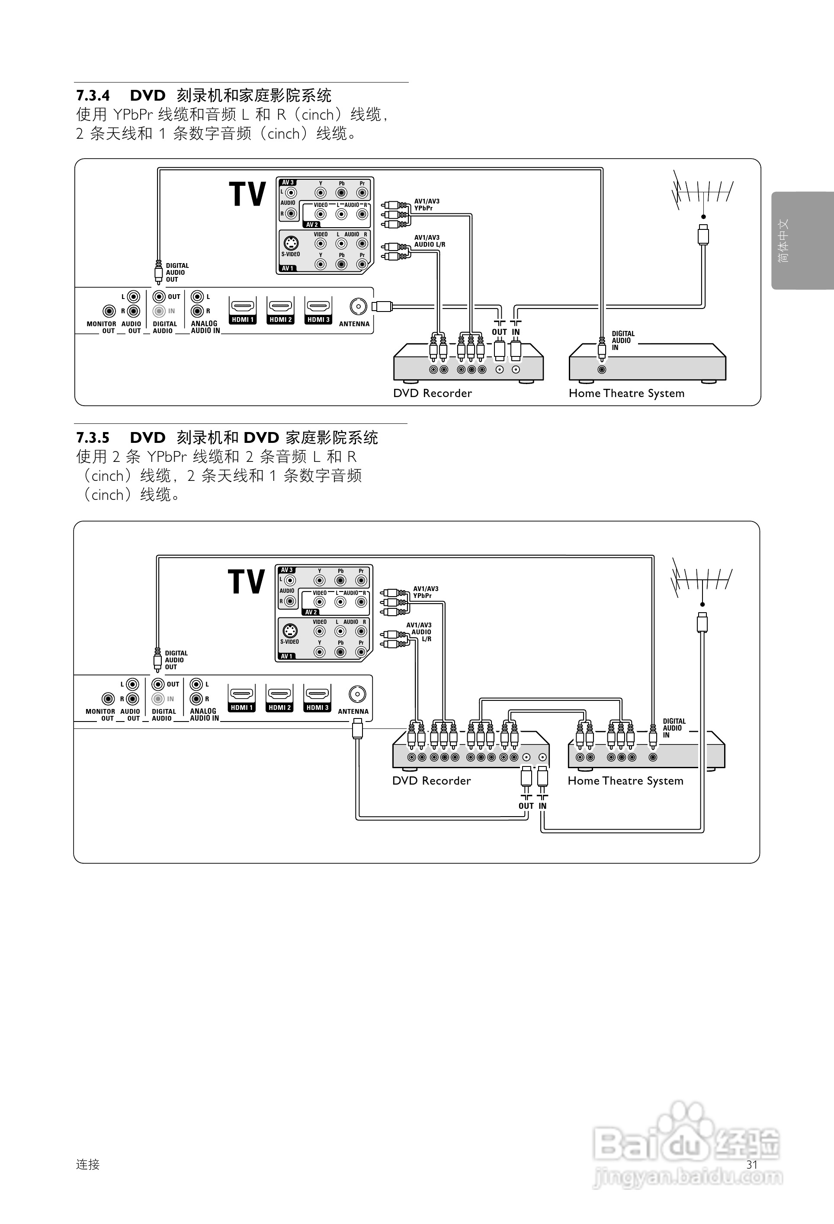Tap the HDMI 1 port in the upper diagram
pyautogui.click(x=243, y=307)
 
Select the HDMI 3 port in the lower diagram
pyautogui.click(x=318, y=695)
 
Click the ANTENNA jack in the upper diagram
pyautogui.click(x=359, y=306)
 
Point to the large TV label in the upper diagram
pyautogui.click(x=247, y=194)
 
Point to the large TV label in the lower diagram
pyautogui.click(x=246, y=582)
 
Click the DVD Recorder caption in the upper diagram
pyautogui.click(x=432, y=394)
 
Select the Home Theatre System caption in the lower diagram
pyautogui.click(x=625, y=781)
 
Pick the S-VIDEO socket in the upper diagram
pyautogui.click(x=291, y=243)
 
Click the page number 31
pyautogui.click(x=752, y=1164)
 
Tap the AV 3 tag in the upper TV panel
pyautogui.click(x=288, y=183)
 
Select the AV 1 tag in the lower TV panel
pyautogui.click(x=286, y=656)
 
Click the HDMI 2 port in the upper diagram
pyautogui.click(x=280, y=307)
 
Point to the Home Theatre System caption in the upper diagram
pyautogui.click(x=626, y=394)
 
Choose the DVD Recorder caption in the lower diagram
pyautogui.click(x=431, y=781)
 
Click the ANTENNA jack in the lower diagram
pyautogui.click(x=357, y=694)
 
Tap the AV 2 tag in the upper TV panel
pyautogui.click(x=312, y=224)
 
